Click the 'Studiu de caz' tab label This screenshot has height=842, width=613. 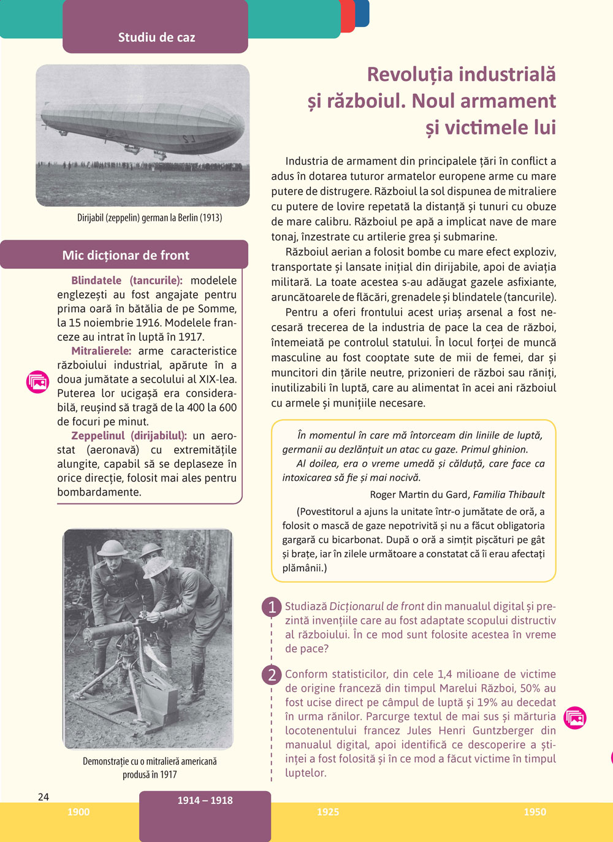[x=156, y=37]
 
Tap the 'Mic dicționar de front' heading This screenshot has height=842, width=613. [x=126, y=255]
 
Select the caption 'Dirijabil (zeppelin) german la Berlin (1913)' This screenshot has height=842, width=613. [x=150, y=218]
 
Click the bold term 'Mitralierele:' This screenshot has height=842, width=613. [x=101, y=351]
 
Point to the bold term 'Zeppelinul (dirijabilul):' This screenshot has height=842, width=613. [x=129, y=436]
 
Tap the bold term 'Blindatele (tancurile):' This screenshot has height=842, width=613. [x=127, y=281]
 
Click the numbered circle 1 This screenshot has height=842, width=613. [x=272, y=607]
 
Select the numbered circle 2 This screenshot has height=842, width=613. [x=272, y=675]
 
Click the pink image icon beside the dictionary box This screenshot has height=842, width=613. [x=38, y=381]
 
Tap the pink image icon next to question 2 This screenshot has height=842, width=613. [x=575, y=718]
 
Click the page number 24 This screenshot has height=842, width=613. [x=44, y=797]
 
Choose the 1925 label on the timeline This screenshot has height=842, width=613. [x=328, y=812]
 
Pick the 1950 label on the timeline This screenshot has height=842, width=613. [x=535, y=812]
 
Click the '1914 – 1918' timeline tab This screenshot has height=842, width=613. [x=205, y=801]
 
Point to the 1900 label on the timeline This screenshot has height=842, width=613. [x=78, y=812]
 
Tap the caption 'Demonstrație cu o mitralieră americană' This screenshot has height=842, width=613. [x=150, y=762]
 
